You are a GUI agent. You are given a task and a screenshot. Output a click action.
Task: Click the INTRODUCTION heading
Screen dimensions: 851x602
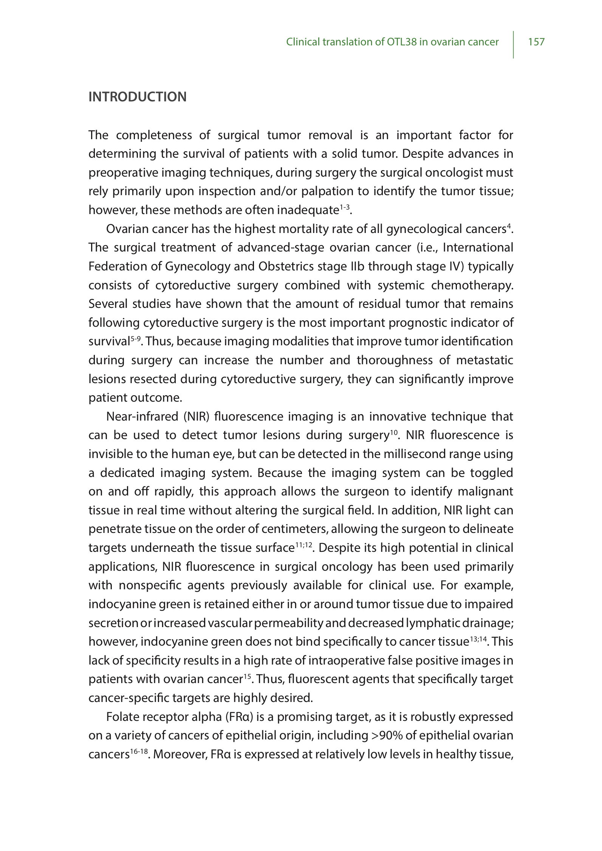137,97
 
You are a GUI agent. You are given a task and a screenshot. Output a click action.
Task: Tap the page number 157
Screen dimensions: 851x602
536,42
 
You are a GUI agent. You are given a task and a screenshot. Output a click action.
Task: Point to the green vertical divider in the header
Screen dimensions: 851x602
513,45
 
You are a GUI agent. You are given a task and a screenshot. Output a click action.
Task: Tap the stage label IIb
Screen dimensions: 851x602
354,267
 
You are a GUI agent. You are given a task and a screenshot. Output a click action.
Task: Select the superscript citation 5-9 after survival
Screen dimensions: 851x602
136,338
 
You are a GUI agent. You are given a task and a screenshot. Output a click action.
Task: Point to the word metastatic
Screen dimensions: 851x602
484,360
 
